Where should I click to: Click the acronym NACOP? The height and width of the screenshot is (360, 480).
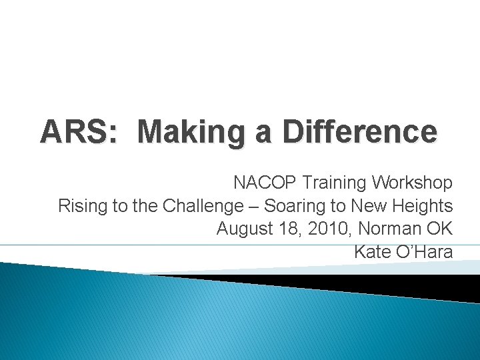265,183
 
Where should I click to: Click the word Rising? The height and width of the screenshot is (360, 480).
79,206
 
